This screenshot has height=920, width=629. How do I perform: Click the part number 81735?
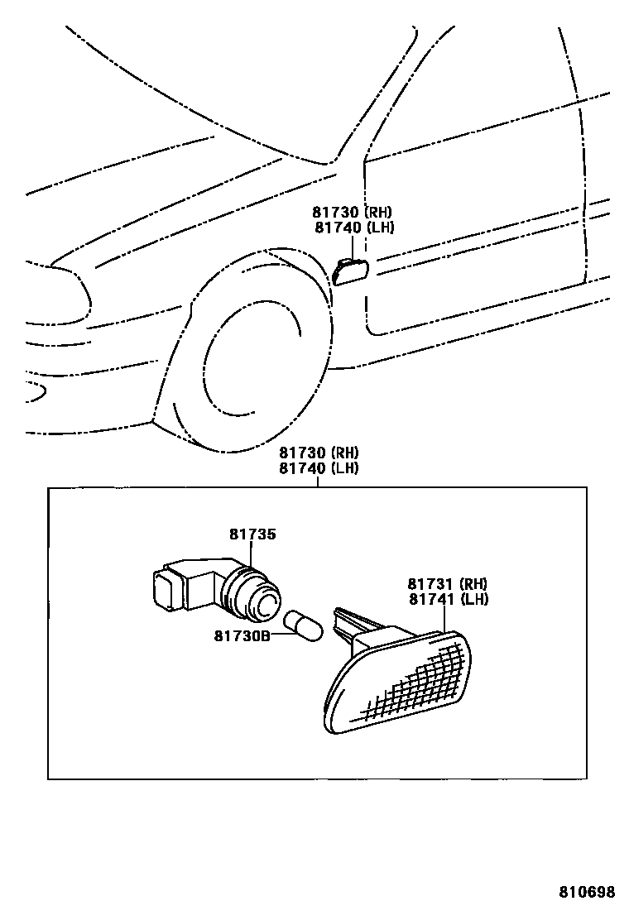point(252,534)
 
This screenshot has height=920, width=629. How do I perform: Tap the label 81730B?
point(241,635)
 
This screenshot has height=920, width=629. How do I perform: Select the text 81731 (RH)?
point(446,582)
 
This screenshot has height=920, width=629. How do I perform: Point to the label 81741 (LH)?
point(446,598)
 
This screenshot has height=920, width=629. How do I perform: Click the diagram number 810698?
point(586,892)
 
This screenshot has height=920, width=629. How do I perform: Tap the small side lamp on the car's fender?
point(352,271)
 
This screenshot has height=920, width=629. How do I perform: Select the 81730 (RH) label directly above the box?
point(318,453)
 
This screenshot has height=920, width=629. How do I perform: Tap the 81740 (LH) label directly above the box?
point(318,468)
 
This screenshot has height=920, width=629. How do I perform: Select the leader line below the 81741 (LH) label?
point(445,617)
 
